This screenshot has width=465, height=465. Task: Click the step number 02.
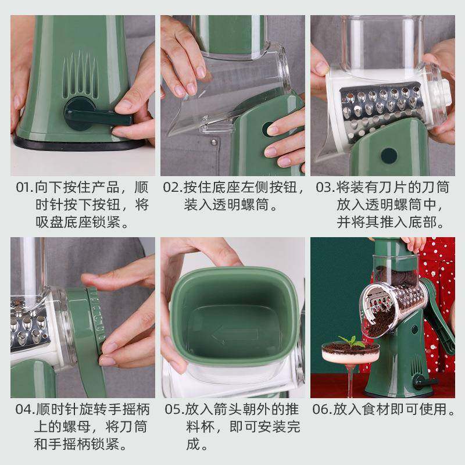pyautogui.click(x=171, y=188)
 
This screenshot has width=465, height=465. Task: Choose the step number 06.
pyautogui.click(x=321, y=410)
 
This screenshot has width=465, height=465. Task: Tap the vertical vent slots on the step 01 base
pyautogui.click(x=80, y=75)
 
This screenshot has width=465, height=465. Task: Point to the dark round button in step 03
pyautogui.click(x=389, y=156)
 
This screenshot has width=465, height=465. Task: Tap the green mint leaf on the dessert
pyautogui.click(x=352, y=341)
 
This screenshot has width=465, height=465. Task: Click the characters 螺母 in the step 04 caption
pyautogui.click(x=76, y=427)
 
